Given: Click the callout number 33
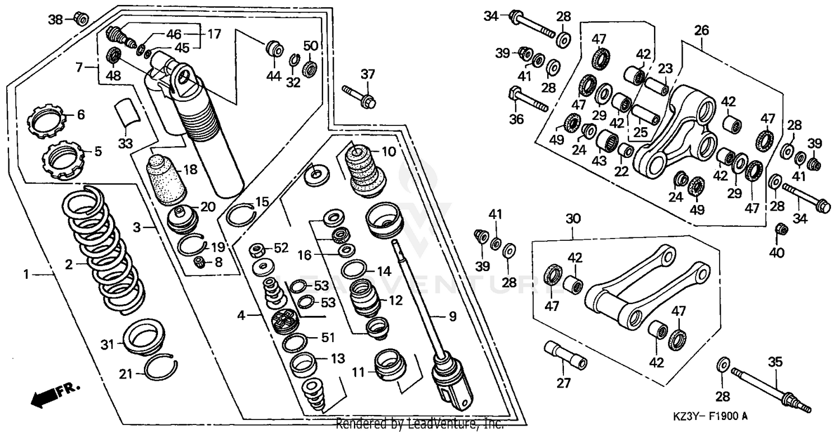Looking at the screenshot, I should (125, 143).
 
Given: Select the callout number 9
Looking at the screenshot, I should (452, 316).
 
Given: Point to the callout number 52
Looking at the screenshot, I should (281, 248).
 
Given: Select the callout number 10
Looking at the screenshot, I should (388, 151).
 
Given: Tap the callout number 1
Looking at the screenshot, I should (26, 274).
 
